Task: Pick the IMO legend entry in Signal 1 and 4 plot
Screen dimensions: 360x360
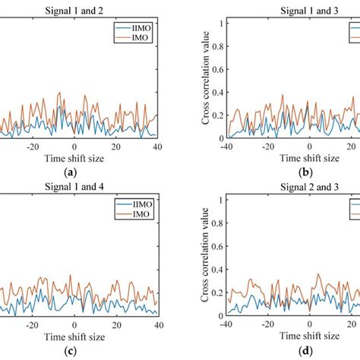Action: click(x=134, y=215)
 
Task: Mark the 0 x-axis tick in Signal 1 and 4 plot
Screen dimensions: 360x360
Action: click(x=74, y=324)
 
